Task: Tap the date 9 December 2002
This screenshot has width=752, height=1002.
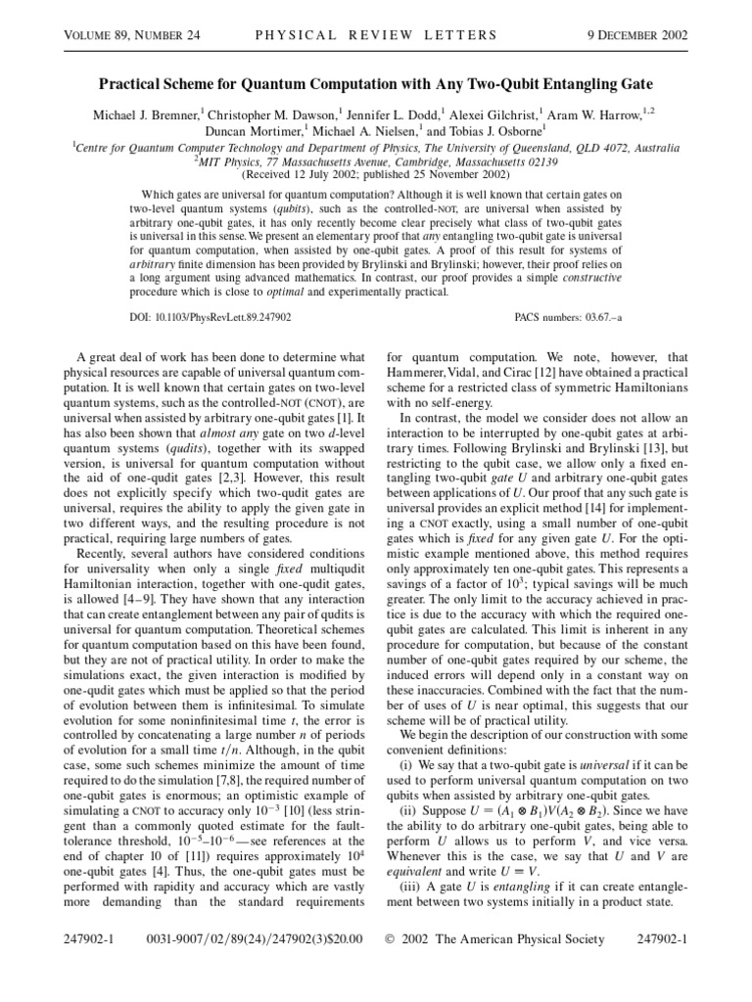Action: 636,36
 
